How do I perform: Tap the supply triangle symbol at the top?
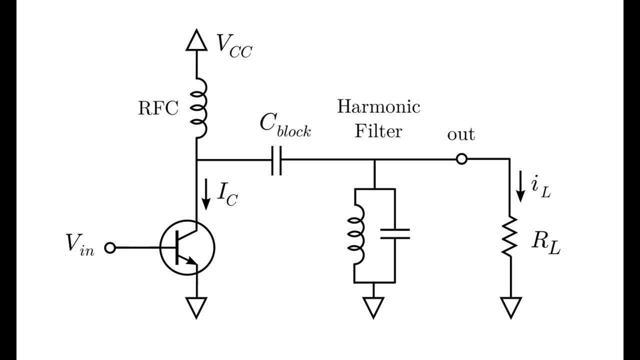pos(196,40)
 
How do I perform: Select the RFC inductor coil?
pos(199,107)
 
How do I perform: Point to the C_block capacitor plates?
pos(276,160)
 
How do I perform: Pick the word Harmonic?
pos(378,106)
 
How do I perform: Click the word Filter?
pos(378,131)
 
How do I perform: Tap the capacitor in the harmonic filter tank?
pos(394,234)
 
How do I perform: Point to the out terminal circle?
pos(461,160)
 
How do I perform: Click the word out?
pos(461,134)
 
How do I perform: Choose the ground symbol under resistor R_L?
pos(510,306)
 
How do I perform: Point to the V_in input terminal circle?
pos(110,247)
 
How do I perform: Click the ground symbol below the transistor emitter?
pos(196,306)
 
